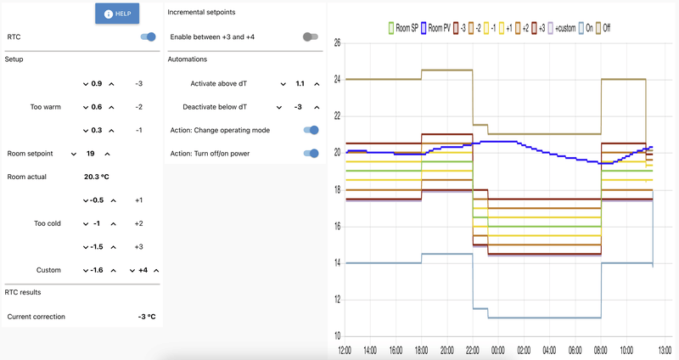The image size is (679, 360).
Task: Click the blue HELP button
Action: (117, 14)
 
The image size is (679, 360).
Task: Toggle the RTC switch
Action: (148, 37)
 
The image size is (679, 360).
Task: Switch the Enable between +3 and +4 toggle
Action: (311, 37)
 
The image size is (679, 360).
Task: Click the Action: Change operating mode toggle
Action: (311, 130)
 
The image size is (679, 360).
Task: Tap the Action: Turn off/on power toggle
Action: (311, 154)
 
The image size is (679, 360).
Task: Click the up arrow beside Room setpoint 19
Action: (108, 154)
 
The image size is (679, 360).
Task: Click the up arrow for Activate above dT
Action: (317, 84)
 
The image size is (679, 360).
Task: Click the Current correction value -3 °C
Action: (147, 317)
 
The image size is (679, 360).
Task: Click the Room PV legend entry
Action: (438, 28)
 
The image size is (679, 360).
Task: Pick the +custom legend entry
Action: (562, 28)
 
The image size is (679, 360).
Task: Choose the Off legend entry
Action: (603, 28)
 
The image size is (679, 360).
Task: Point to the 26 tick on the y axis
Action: (336, 42)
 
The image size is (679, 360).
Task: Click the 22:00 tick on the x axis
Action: (473, 350)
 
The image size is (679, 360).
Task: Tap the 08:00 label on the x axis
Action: (601, 350)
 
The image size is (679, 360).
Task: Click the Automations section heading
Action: (188, 59)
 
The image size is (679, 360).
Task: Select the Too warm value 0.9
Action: (97, 84)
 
